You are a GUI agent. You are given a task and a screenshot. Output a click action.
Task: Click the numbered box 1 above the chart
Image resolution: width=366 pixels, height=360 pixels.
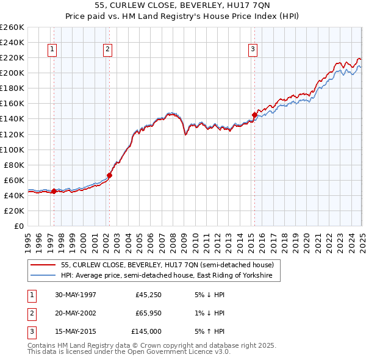point(52,50)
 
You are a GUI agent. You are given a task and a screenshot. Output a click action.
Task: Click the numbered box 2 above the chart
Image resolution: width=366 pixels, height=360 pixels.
point(107,50)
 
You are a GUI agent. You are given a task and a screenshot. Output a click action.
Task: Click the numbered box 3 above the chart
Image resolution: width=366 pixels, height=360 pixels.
point(253,50)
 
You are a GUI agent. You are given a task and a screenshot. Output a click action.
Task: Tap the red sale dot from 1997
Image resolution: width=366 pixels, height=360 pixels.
point(54,191)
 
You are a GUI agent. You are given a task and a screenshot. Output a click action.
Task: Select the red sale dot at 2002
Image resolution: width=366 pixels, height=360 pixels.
point(109,175)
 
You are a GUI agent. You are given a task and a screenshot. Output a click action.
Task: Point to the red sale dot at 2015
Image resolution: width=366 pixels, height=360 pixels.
point(254,114)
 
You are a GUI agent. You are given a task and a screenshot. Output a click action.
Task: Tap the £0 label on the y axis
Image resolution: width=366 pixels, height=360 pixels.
point(18,226)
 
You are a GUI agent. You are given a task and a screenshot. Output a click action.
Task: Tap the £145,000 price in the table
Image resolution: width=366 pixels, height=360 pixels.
point(146,331)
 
